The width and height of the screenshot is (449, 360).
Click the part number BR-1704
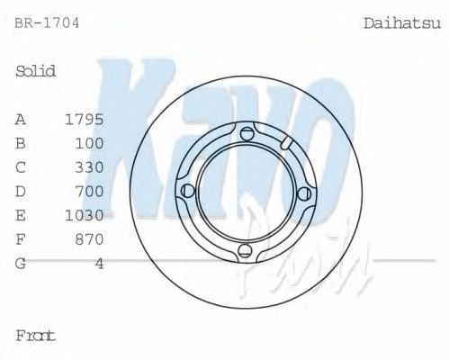(47, 22)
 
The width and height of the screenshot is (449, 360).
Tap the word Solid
(36, 70)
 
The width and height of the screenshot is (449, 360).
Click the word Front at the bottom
(35, 336)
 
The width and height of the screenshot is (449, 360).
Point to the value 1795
(85, 119)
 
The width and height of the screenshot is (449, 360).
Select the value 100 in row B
(90, 143)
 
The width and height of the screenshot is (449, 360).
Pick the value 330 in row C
(90, 167)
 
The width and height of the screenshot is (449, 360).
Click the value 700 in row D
(90, 192)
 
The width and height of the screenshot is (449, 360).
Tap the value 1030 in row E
(85, 216)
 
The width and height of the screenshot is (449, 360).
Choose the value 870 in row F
(90, 239)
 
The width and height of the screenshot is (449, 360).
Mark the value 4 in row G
(100, 264)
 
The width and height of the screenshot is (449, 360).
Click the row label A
(21, 119)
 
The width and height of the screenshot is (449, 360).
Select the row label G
(21, 264)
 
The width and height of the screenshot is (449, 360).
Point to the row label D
(21, 192)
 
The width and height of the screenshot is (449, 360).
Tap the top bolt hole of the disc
(247, 134)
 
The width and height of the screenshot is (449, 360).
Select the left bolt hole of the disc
(188, 192)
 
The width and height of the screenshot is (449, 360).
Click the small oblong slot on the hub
(286, 144)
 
